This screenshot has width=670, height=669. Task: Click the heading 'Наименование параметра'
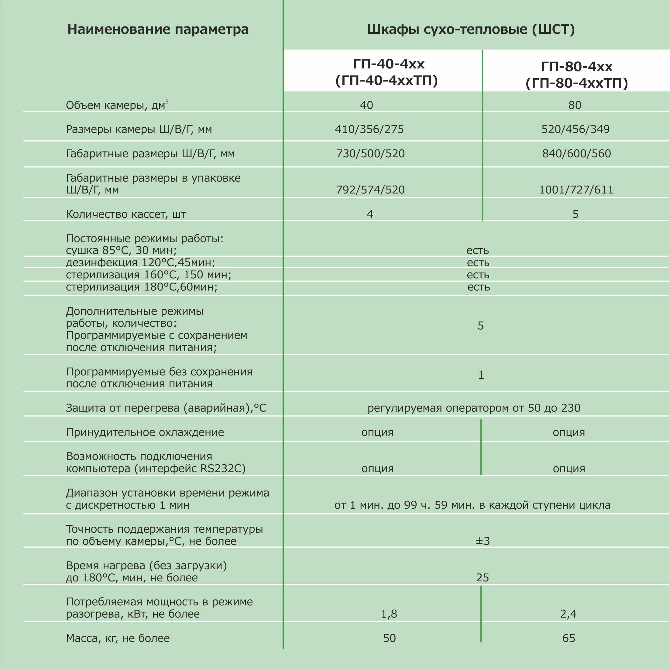(158, 29)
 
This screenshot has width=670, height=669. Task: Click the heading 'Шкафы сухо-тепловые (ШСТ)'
(471, 29)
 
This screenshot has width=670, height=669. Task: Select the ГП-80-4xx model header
(576, 75)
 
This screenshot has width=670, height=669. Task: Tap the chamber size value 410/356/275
(369, 129)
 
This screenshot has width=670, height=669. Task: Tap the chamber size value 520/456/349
(575, 129)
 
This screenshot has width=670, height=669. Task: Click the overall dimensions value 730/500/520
(370, 153)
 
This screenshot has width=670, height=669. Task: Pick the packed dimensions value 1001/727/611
(576, 190)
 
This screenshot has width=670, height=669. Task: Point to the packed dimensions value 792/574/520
(370, 190)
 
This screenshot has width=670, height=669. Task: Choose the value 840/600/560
(576, 153)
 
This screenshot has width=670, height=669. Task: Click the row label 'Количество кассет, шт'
(126, 214)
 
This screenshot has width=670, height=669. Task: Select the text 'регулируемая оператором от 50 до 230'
(474, 408)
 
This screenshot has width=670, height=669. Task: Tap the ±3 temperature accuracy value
(483, 541)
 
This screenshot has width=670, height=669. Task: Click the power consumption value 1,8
(389, 614)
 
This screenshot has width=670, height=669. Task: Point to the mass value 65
(569, 638)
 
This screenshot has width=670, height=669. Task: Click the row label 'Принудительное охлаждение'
(145, 432)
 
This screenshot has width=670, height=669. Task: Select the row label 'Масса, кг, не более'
(118, 638)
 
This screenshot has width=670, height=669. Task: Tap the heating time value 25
(483, 577)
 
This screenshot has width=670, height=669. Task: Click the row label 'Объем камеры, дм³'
(116, 105)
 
